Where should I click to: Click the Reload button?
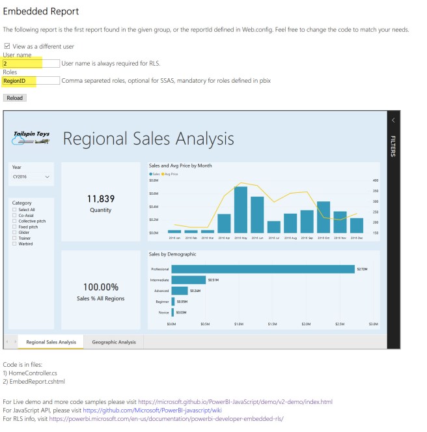[14, 98]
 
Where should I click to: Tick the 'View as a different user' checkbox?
[7, 46]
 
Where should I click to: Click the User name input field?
[31, 64]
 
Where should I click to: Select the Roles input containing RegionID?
[31, 81]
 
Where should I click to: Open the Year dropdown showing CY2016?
[31, 177]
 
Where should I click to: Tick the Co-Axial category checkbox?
[14, 215]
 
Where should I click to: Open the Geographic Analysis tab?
[114, 342]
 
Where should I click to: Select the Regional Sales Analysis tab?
[51, 342]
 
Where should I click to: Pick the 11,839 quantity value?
[100, 199]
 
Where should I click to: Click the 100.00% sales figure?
[100, 287]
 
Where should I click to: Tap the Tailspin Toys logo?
[31, 137]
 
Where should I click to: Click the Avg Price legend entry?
[171, 174]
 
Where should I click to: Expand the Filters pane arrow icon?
[393, 120]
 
